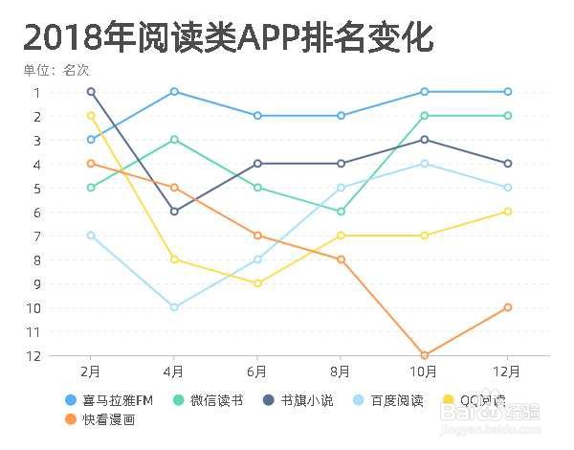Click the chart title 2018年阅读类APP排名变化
point(228,37)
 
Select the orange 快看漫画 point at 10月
point(424,355)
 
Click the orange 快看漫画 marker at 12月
point(507,307)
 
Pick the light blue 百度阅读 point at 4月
point(174,307)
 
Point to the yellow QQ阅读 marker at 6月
point(257,283)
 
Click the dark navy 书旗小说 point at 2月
point(91,92)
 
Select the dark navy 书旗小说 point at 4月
point(174,212)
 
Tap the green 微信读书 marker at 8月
point(341,212)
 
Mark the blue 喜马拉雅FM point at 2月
point(91,140)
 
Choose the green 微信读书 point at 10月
point(424,116)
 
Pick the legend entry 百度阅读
point(403,400)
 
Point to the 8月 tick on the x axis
point(341,371)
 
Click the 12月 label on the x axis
point(507,371)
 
